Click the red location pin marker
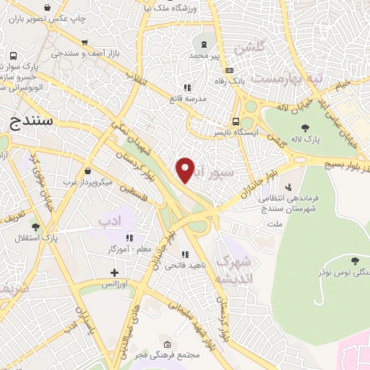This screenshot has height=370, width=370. point(186,169)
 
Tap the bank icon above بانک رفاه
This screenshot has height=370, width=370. point(230,70)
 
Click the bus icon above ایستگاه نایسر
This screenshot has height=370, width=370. point(236,121)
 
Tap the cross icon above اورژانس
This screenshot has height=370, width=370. point(113,272)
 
